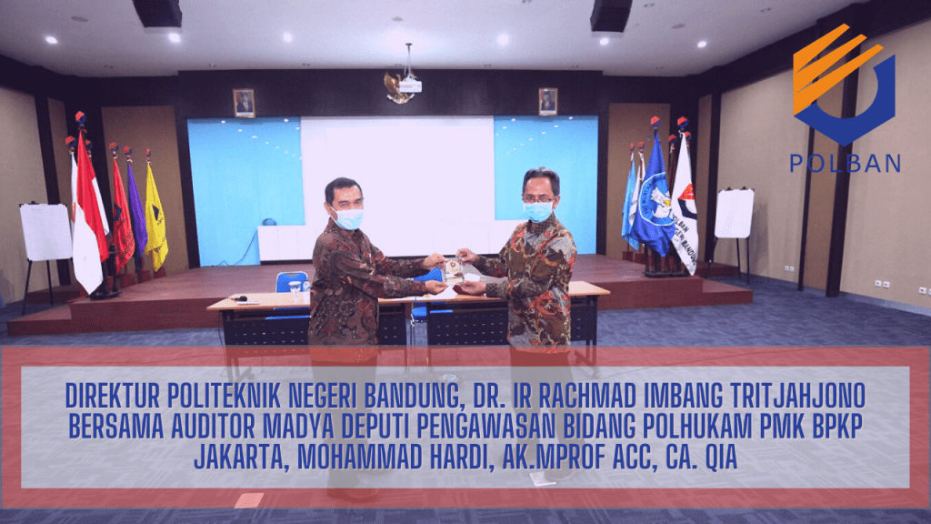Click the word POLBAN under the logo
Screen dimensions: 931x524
[845, 164]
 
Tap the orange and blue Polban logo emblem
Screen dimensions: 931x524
[844, 85]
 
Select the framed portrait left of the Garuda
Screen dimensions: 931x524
[244, 103]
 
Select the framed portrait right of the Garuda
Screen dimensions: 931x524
[547, 102]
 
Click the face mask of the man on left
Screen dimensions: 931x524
[348, 218]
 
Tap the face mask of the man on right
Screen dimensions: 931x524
[537, 211]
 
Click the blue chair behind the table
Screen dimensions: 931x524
[292, 282]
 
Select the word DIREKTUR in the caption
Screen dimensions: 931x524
[112, 397]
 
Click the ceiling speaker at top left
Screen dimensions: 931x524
[157, 13]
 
